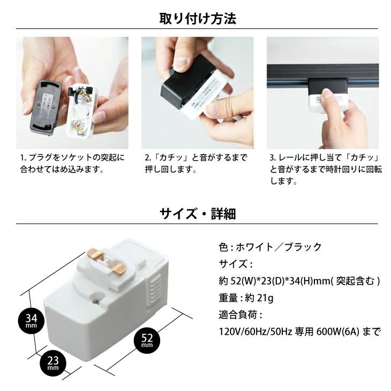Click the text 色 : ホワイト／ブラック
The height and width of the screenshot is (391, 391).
[x=270, y=247]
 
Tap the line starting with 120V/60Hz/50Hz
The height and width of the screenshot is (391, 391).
[x=299, y=332]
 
